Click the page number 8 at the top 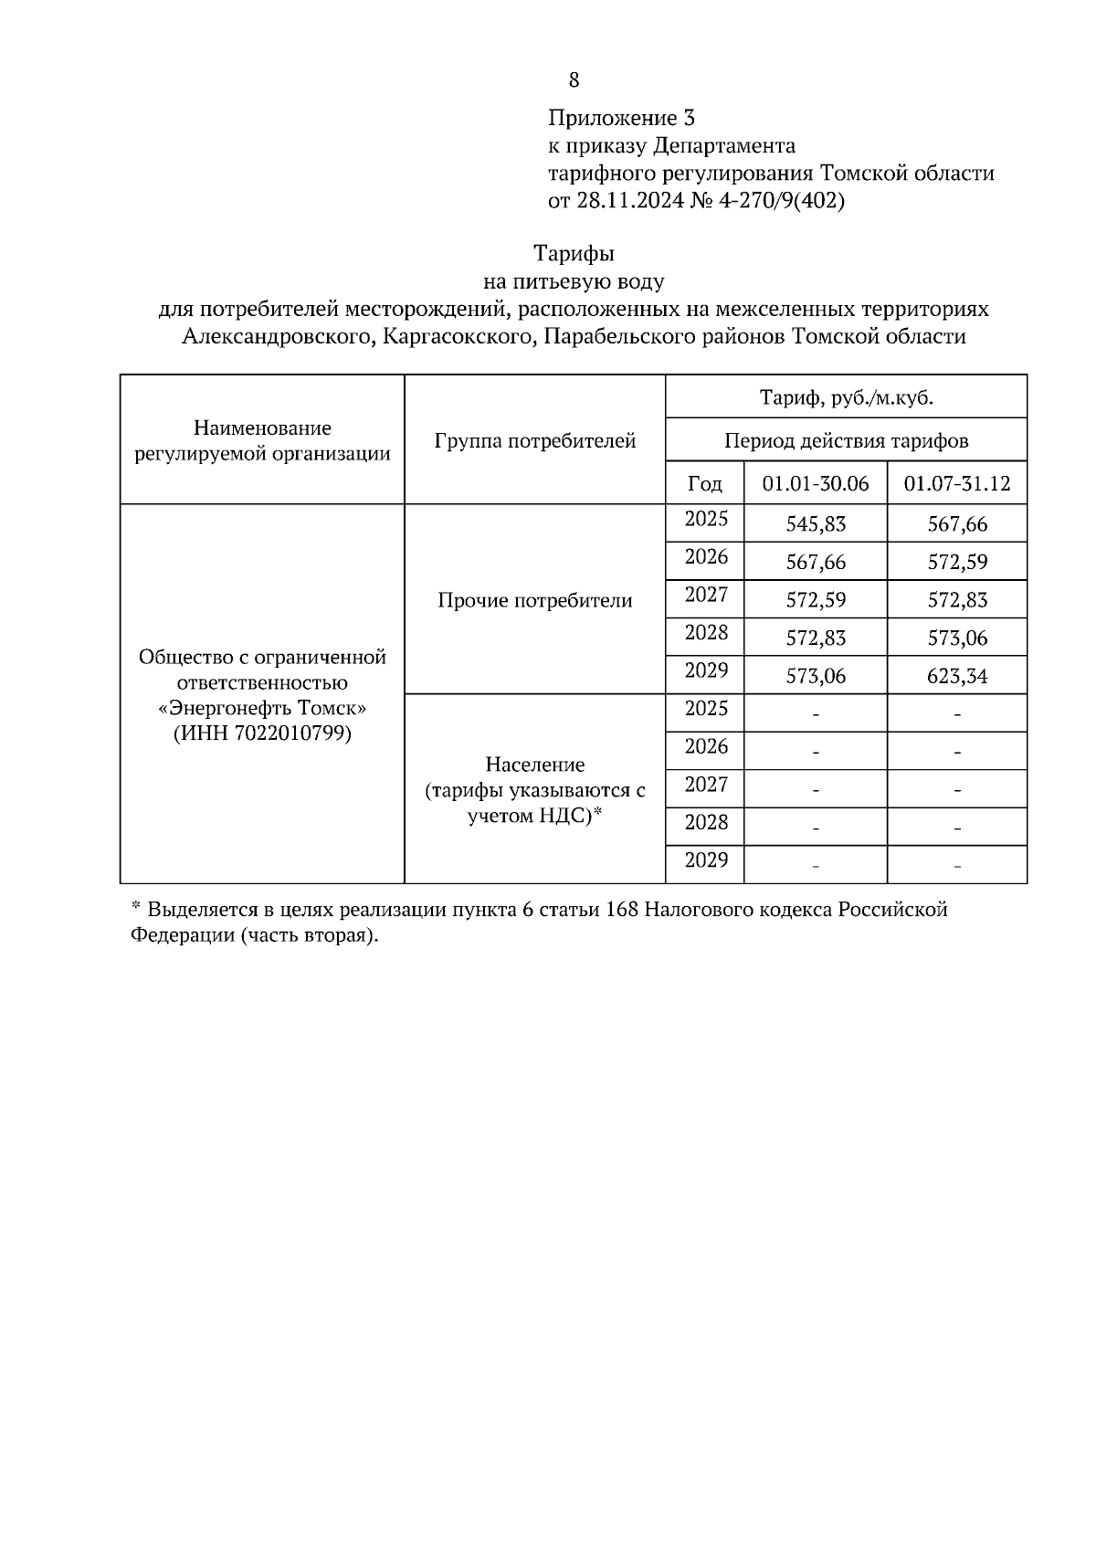(x=574, y=80)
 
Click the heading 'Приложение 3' (x=621, y=118)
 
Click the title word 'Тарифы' (x=574, y=253)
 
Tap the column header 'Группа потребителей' (x=535, y=441)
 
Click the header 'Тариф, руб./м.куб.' (x=846, y=397)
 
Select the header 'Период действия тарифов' (x=846, y=441)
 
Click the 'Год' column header (x=705, y=483)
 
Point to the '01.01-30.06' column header (x=816, y=483)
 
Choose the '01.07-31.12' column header (x=957, y=483)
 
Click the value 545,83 (x=816, y=524)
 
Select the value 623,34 (x=957, y=676)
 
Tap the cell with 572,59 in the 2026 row (x=957, y=562)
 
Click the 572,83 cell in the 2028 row (x=816, y=638)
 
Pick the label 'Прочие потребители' (x=535, y=600)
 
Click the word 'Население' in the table (x=535, y=765)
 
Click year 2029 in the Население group (x=706, y=860)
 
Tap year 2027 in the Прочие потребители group (x=706, y=596)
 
